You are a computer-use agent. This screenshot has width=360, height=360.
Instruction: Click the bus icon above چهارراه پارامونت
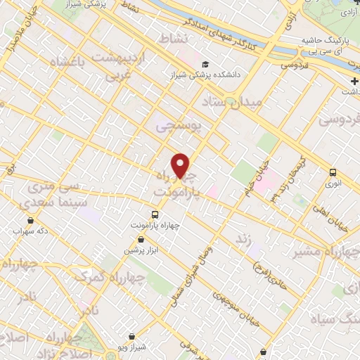tap(155, 214)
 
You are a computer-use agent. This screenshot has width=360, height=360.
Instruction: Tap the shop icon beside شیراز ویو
tap(133, 337)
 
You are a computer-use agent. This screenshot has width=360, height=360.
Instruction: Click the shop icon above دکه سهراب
tap(18, 218)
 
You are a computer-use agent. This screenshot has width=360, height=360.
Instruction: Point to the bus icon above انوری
tap(333, 172)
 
